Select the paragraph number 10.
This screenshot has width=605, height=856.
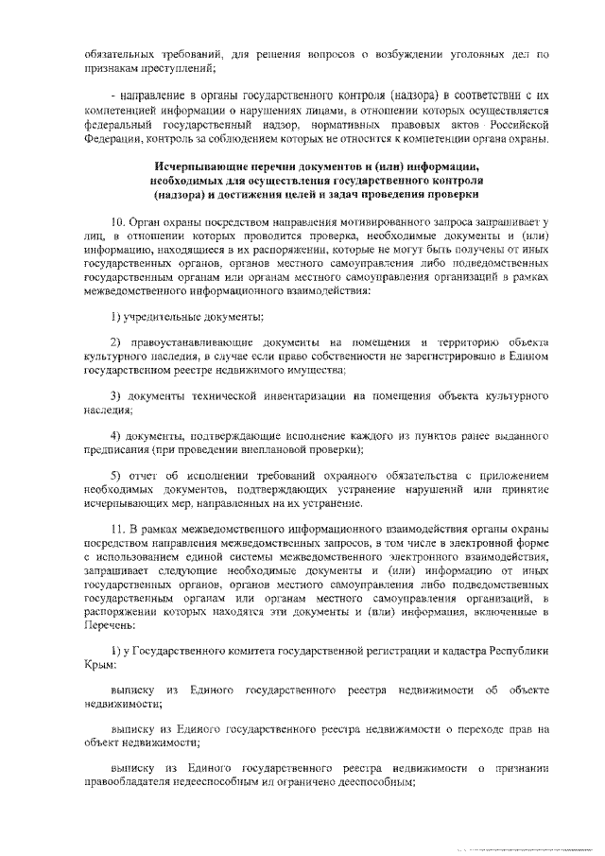pos(118,220)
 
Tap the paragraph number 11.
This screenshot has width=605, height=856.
pos(118,527)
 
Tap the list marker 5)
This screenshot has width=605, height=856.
pos(115,474)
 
